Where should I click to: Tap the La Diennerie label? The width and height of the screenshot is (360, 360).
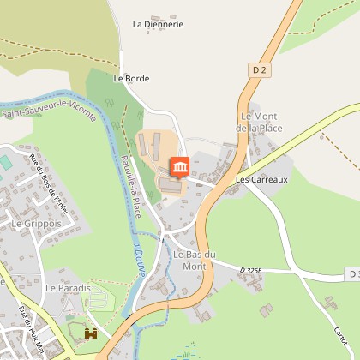tap(158, 25)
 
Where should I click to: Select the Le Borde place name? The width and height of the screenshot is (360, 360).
tap(131, 78)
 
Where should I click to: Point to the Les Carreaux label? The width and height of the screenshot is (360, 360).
tap(262, 180)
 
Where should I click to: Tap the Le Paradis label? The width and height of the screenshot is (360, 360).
tap(68, 288)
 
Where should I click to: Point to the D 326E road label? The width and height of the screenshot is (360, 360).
tap(251, 271)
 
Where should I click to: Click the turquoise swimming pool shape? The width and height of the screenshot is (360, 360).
tap(5, 160)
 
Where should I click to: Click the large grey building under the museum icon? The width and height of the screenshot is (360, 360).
tap(171, 185)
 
